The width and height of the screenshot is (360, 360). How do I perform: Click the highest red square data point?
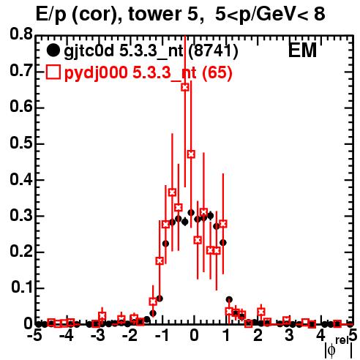[185, 87]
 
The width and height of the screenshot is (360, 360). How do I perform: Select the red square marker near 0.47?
[191, 154]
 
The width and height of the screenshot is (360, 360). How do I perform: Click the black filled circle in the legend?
[53, 50]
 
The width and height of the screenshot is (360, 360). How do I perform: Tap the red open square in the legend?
[53, 72]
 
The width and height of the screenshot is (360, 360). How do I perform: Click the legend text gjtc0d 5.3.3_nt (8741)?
[151, 50]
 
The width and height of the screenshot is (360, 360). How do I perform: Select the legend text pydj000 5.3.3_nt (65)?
[149, 72]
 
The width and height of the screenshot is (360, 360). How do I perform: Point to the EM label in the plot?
[302, 50]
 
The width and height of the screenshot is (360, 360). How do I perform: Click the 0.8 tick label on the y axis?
[21, 34]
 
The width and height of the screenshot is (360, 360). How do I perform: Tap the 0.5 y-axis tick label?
[21, 143]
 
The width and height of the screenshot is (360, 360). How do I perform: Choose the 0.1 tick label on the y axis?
[22, 288]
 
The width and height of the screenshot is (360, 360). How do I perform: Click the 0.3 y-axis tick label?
[21, 215]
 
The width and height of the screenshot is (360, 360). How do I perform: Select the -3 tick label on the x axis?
[97, 335]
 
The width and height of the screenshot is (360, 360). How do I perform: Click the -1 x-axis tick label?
[162, 335]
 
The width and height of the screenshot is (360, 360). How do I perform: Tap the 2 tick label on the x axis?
[258, 335]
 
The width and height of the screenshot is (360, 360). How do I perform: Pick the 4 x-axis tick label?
[321, 335]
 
